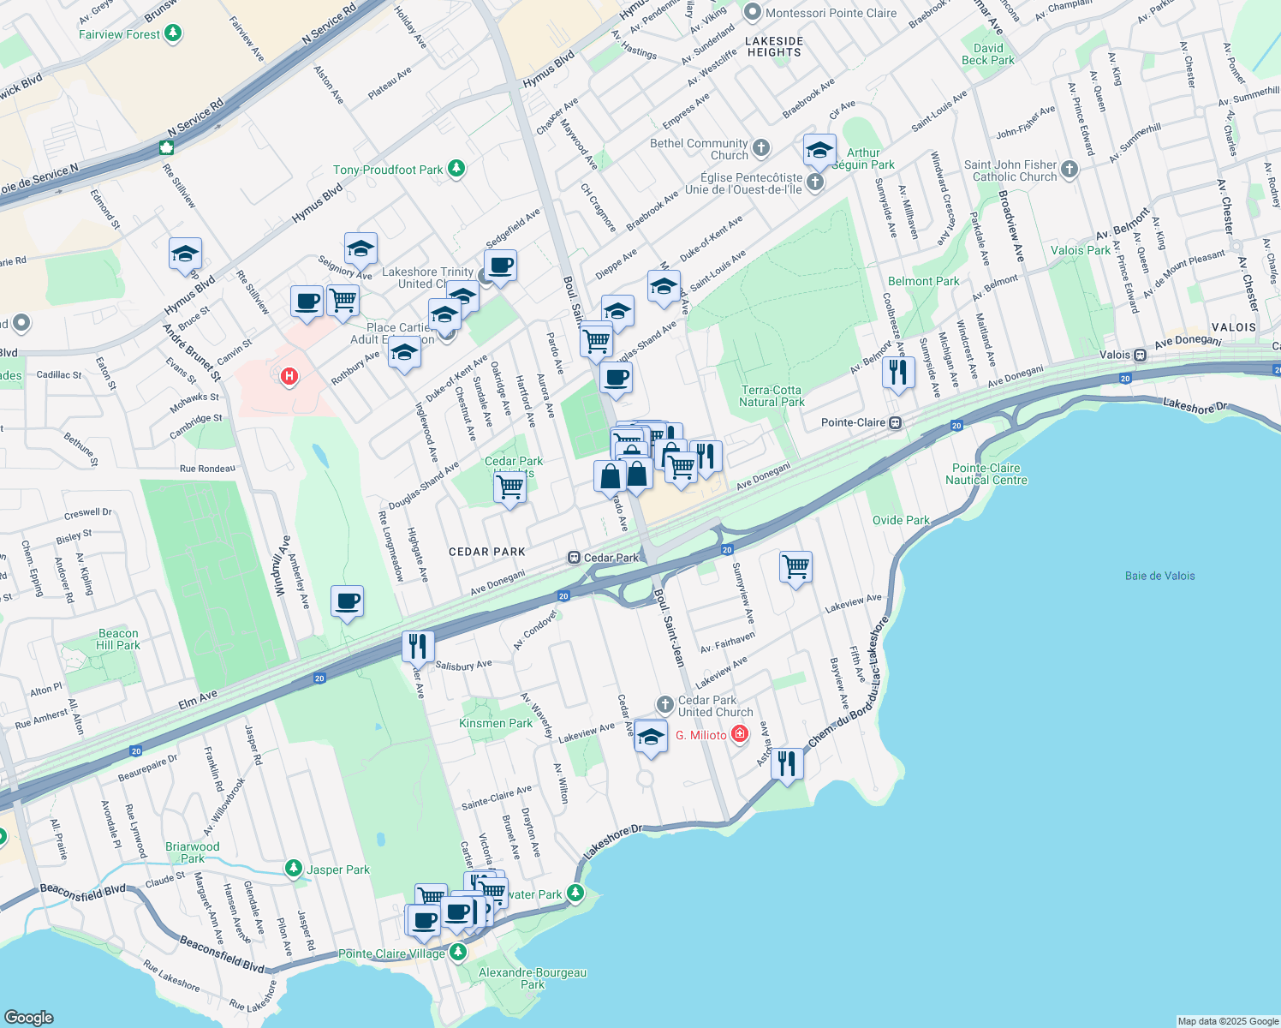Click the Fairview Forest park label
point(119,34)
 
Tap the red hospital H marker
point(289,375)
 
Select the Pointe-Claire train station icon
point(895,422)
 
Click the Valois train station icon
point(1140,355)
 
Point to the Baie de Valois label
point(1159,576)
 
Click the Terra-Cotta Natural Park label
point(772,396)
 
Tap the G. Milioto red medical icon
point(740,734)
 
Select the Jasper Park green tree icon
point(294,870)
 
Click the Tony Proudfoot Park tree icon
point(456,169)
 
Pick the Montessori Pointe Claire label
point(831,13)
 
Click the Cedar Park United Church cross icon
point(664,704)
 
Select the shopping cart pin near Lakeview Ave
point(795,566)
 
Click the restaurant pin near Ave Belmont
point(897,372)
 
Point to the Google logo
point(28,1017)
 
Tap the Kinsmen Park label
point(496,723)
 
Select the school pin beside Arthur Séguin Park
point(819,150)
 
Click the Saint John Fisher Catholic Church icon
point(1069,170)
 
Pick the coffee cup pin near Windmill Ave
point(347,601)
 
